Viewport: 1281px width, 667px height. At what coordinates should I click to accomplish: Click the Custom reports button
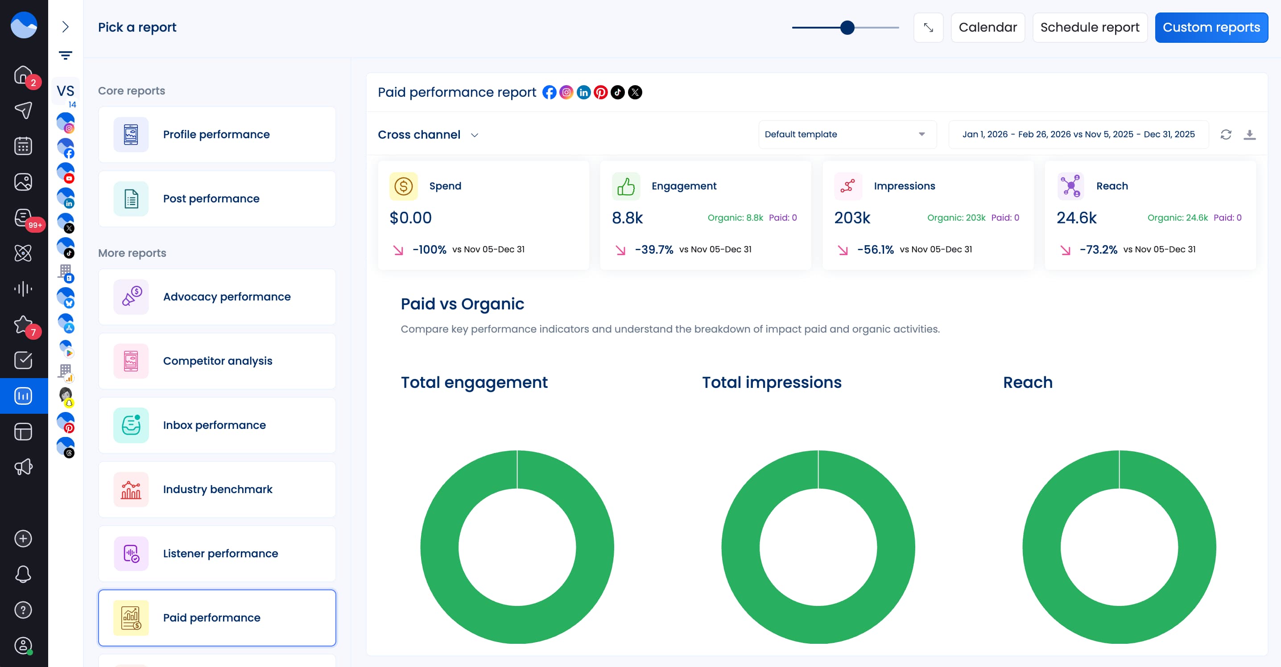point(1211,27)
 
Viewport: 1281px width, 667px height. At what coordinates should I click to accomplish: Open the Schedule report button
point(1089,27)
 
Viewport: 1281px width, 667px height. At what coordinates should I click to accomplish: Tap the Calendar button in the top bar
point(987,27)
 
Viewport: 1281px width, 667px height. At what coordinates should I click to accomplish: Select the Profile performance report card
point(217,135)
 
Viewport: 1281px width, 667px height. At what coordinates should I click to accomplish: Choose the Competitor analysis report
point(217,361)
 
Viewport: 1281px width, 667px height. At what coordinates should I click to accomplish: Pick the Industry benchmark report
point(217,490)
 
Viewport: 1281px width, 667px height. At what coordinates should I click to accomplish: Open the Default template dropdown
point(847,134)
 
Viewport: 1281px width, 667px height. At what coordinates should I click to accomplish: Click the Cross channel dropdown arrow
point(475,135)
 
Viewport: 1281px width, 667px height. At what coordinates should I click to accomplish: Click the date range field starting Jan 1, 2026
point(1078,134)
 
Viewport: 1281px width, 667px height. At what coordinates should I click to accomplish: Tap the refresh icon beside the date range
point(1225,135)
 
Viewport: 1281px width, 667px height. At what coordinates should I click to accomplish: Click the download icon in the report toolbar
point(1249,135)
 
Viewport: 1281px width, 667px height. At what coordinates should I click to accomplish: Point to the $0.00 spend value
point(410,218)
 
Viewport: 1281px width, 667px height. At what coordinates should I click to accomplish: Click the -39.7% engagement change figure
point(653,250)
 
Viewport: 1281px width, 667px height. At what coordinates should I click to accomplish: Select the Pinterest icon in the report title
point(600,92)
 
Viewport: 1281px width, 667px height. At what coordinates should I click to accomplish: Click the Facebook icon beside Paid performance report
point(549,92)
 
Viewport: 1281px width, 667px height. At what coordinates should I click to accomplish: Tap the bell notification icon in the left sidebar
point(23,574)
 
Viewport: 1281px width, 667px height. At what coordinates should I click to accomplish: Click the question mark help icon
point(23,610)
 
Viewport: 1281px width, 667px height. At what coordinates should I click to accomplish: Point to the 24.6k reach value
point(1076,218)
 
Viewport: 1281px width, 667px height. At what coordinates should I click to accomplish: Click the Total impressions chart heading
point(771,382)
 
